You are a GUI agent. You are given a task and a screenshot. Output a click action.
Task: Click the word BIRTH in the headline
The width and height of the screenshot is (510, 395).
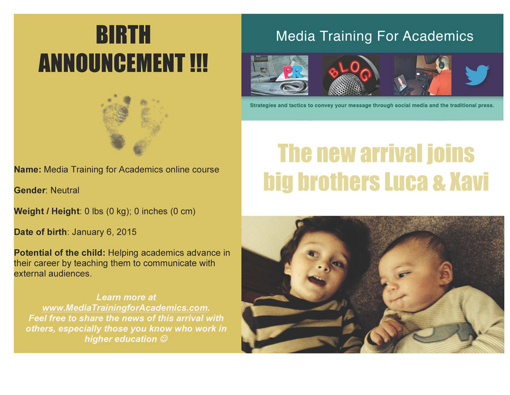click(124, 35)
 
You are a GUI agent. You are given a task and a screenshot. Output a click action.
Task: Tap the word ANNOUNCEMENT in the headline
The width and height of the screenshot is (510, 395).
click(112, 63)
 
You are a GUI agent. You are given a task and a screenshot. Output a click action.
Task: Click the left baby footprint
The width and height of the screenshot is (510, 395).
click(116, 121)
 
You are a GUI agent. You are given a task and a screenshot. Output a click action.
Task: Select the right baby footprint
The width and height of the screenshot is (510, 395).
click(150, 127)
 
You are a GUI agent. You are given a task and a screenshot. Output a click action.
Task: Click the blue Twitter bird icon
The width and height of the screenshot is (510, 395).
click(477, 75)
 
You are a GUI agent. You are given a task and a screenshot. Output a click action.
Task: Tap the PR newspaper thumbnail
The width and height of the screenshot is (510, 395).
click(279, 75)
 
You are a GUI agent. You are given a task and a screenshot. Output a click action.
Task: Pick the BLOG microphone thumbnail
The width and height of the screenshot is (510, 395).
click(351, 75)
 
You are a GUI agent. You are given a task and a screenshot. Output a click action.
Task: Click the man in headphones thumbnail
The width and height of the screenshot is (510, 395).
click(423, 75)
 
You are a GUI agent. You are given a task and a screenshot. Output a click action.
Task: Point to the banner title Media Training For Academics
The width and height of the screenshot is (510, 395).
click(375, 36)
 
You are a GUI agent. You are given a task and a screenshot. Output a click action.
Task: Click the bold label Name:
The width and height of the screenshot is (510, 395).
click(28, 170)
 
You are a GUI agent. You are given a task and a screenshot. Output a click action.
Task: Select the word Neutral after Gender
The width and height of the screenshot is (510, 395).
click(65, 191)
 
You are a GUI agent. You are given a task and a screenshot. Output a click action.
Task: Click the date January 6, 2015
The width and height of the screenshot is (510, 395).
click(104, 232)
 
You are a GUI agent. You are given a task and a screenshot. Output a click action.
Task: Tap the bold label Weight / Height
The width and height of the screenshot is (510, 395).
click(46, 211)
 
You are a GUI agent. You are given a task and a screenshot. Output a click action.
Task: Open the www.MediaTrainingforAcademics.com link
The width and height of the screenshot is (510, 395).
click(125, 308)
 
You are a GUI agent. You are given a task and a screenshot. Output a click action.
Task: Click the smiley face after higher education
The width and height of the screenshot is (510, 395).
click(164, 339)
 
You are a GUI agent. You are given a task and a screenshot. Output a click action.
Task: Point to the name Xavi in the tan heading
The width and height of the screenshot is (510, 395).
click(469, 182)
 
